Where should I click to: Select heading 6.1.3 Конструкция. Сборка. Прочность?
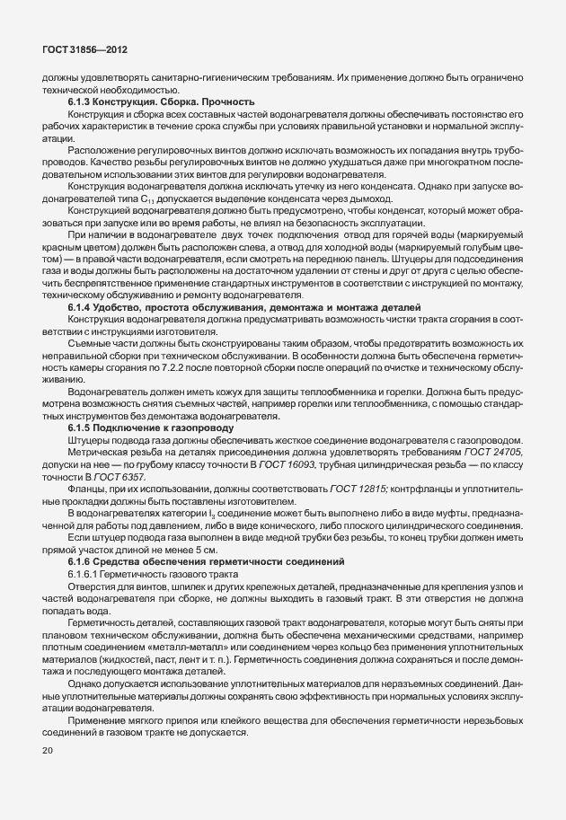click(161, 102)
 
